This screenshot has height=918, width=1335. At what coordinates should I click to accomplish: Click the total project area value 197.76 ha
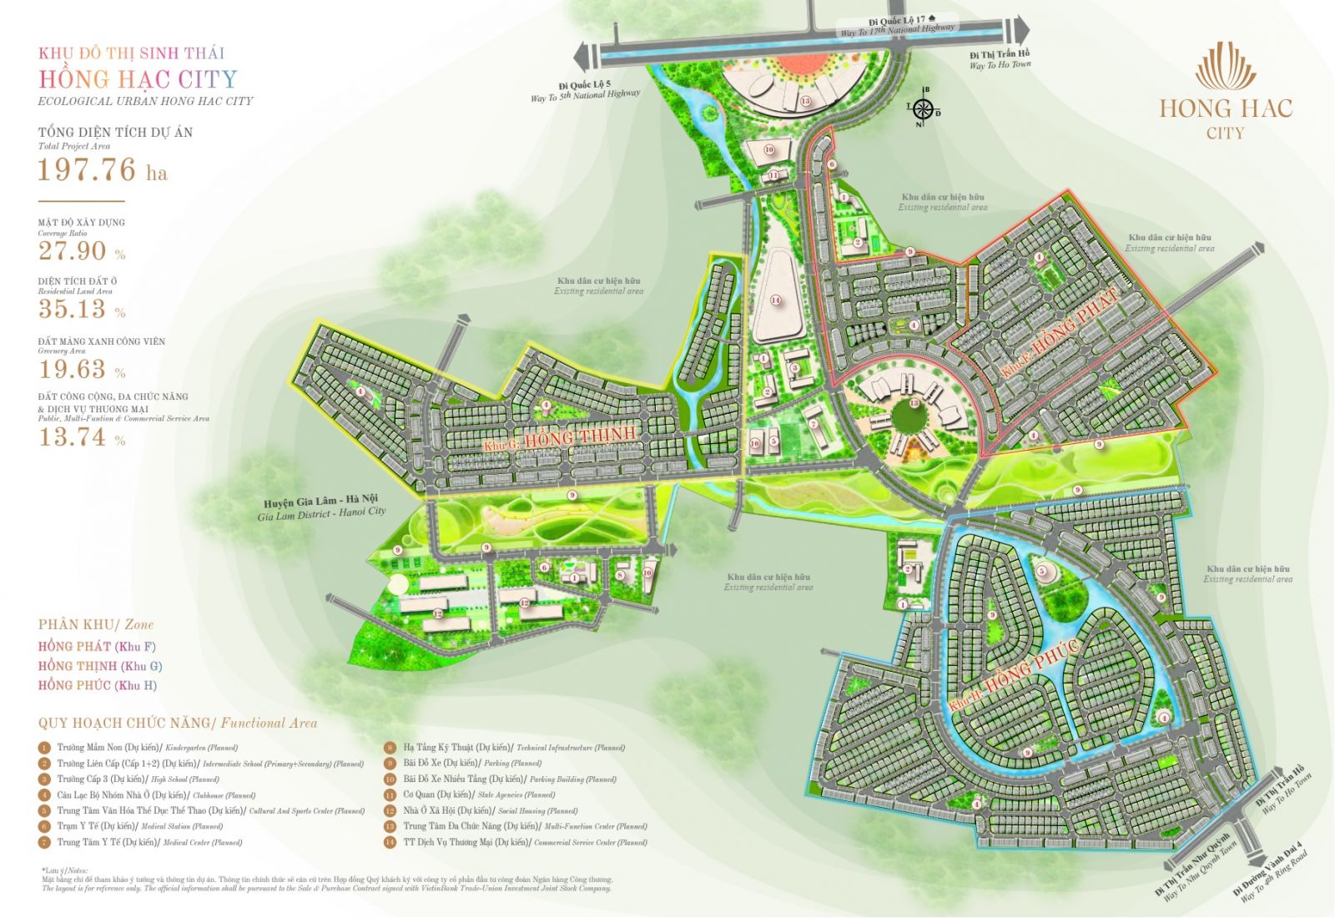pyautogui.click(x=102, y=170)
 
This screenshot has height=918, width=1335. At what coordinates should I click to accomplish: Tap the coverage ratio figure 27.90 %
pyautogui.click(x=82, y=251)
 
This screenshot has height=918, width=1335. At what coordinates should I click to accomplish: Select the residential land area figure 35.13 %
pyautogui.click(x=82, y=310)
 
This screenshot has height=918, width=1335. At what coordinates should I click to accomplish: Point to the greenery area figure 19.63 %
pyautogui.click(x=82, y=370)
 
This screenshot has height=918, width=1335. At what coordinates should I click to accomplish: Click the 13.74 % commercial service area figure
pyautogui.click(x=82, y=436)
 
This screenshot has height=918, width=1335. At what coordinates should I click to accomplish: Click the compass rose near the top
pyautogui.click(x=923, y=108)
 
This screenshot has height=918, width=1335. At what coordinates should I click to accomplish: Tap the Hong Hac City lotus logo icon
pyautogui.click(x=1225, y=67)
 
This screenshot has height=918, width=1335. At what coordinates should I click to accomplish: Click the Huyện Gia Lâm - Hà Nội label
pyautogui.click(x=321, y=507)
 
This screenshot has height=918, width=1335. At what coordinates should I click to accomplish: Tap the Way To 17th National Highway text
pyautogui.click(x=897, y=30)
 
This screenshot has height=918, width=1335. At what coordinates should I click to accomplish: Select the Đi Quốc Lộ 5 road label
pyautogui.click(x=585, y=90)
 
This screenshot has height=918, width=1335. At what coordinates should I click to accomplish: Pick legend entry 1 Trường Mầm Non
pyautogui.click(x=146, y=748)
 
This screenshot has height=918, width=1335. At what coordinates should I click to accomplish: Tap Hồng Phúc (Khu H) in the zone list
pyautogui.click(x=97, y=685)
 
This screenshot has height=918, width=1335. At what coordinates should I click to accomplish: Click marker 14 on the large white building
pyautogui.click(x=775, y=300)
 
